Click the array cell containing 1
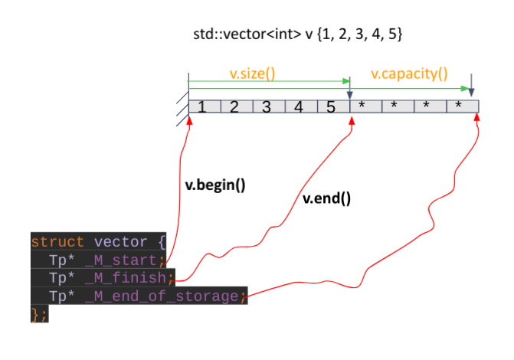(203, 106)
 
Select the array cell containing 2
(235, 106)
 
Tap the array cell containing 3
(267, 106)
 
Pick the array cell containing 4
(300, 106)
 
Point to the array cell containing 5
(332, 106)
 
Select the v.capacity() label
(410, 74)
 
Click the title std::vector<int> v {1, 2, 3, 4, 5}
(298, 34)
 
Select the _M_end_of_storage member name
(162, 296)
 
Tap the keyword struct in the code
(57, 241)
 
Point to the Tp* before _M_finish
(61, 277)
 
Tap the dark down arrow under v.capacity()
(471, 84)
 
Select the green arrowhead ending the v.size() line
(346, 80)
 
